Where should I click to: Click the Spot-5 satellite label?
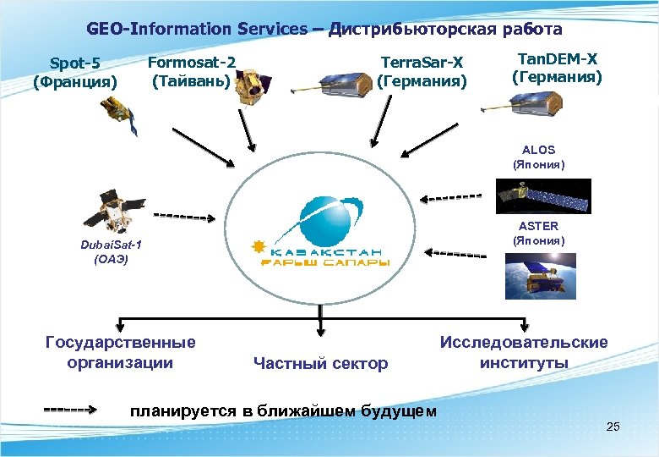(75, 73)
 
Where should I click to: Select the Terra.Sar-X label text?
(422, 72)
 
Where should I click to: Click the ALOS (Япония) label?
(538, 157)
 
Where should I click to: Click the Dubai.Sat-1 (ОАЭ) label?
(112, 252)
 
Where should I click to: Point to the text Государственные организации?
(120, 352)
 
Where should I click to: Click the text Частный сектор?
(321, 364)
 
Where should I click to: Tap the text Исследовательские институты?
(523, 352)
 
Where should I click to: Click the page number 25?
(613, 427)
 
